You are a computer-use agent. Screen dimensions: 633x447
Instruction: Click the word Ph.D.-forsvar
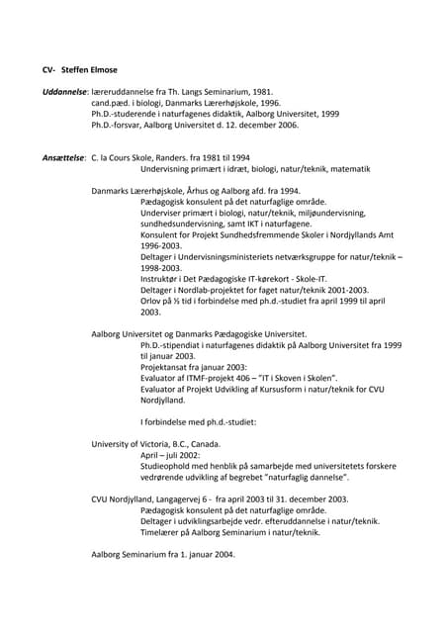[118, 126]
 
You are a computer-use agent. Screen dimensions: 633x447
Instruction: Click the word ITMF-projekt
[217, 378]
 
